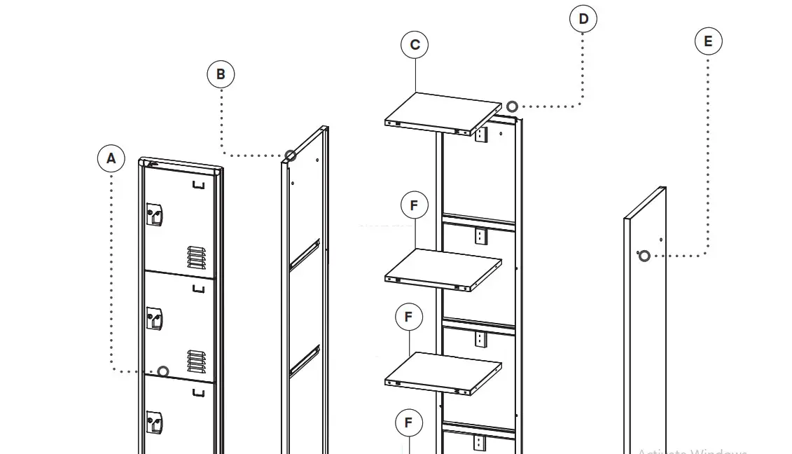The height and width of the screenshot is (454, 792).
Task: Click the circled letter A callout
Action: [111, 158]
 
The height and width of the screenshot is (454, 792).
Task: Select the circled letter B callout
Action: [221, 74]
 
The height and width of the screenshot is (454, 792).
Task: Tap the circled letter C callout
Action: [415, 45]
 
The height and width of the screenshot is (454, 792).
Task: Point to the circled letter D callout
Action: [583, 19]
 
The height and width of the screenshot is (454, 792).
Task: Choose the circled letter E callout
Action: [708, 41]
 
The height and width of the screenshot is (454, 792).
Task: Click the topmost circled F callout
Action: [414, 206]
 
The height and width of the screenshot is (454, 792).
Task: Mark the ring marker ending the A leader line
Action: [163, 371]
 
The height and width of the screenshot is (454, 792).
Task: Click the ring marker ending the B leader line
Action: [291, 156]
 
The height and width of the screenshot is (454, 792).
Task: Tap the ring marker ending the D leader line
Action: [512, 106]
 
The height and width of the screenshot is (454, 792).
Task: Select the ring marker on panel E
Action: [644, 256]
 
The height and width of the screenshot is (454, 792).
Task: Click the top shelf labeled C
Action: [443, 112]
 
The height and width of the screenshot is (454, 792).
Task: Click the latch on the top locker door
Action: [154, 214]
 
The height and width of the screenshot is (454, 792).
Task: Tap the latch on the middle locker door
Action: [154, 319]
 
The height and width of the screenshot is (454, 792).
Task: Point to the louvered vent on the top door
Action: [197, 257]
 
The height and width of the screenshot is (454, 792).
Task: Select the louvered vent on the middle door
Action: [197, 361]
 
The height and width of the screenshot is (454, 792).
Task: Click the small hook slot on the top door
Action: [199, 185]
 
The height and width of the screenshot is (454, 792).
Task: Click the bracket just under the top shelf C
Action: [480, 134]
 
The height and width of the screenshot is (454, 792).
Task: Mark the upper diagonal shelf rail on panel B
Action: [305, 254]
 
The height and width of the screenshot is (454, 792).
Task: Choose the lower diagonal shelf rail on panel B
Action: [305, 359]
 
